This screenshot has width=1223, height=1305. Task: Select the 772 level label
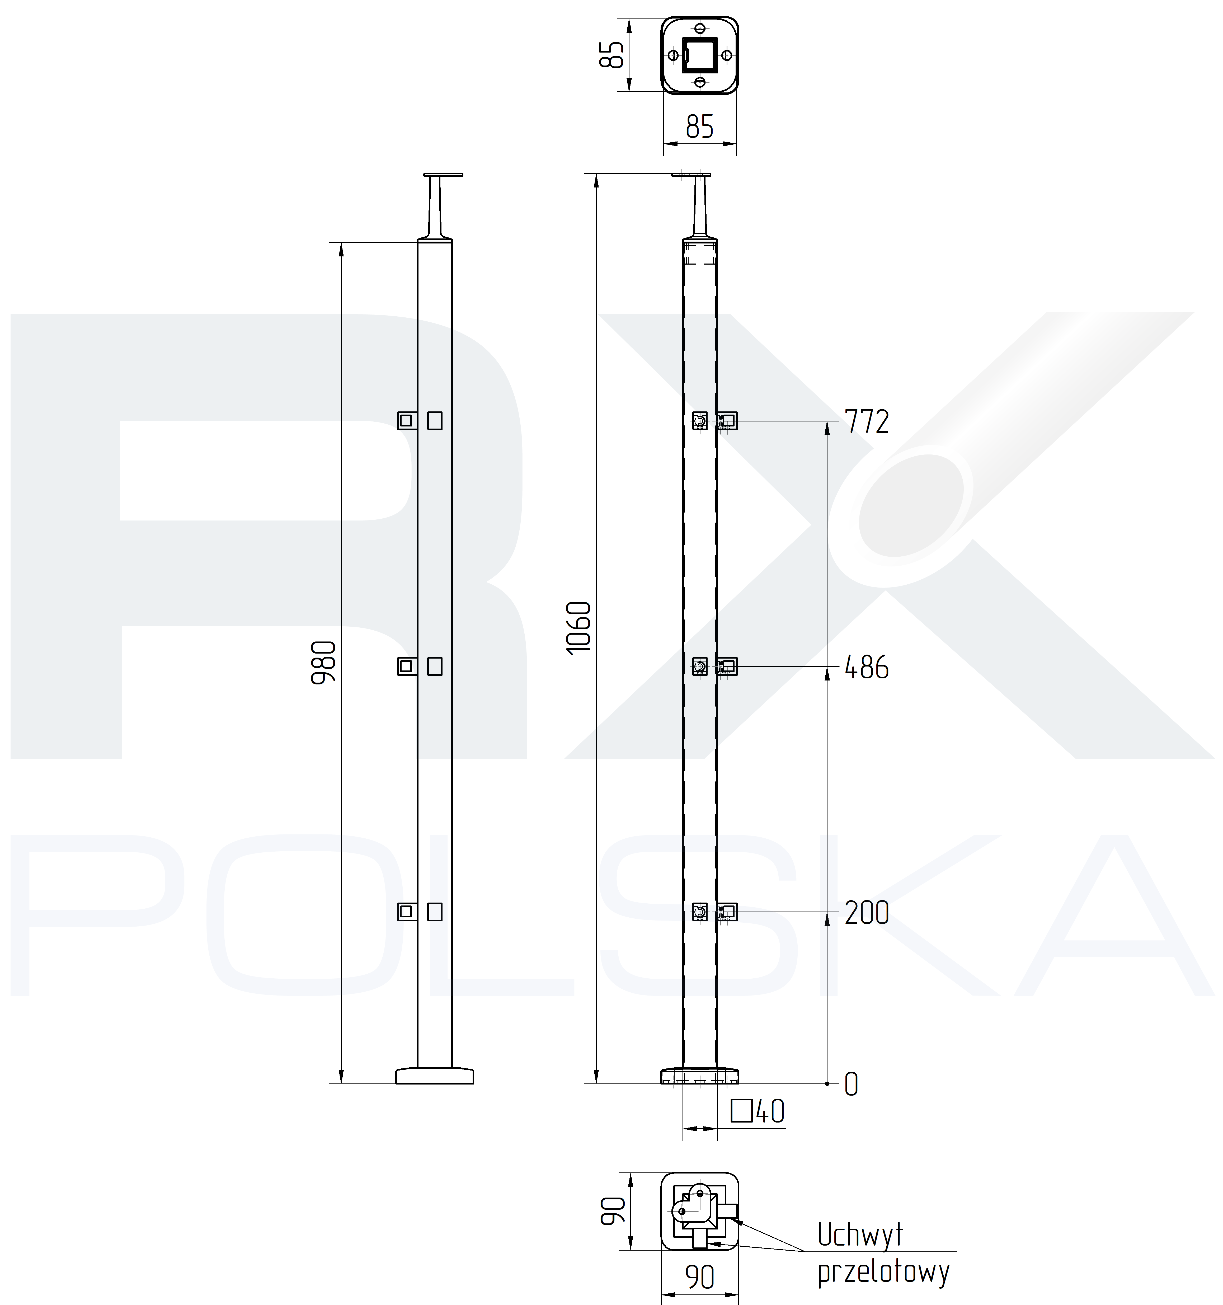867,421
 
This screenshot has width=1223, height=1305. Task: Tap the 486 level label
867,668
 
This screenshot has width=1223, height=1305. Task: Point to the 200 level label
867,913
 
